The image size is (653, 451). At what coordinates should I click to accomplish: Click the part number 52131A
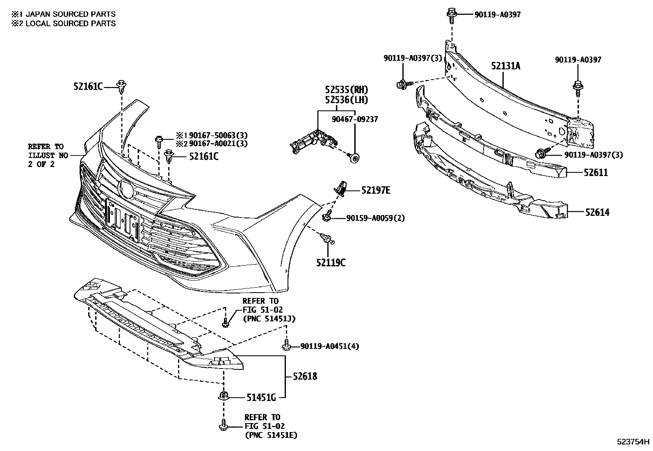(x=506, y=66)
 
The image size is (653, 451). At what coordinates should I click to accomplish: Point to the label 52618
(x=305, y=376)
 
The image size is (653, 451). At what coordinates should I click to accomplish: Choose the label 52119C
(x=331, y=262)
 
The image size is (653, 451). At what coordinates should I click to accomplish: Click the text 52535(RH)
(x=347, y=89)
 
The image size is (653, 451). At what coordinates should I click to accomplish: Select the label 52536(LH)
(x=347, y=99)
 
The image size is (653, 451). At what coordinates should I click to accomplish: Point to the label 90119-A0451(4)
(x=329, y=346)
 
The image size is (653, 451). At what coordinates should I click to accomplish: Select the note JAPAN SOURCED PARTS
(x=70, y=14)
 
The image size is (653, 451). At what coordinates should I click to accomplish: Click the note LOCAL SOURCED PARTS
(x=70, y=23)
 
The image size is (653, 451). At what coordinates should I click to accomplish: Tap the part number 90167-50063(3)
(x=218, y=135)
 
